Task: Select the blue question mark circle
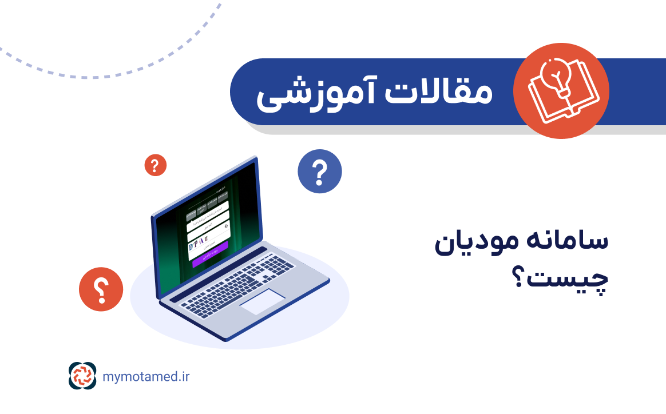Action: pyautogui.click(x=320, y=171)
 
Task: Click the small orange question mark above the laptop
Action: pyautogui.click(x=155, y=165)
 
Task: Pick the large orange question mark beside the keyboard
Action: pyautogui.click(x=101, y=290)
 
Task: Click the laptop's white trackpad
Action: pyautogui.click(x=261, y=301)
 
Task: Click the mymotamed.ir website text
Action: pyautogui.click(x=146, y=376)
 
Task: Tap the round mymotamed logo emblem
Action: pyautogui.click(x=82, y=376)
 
